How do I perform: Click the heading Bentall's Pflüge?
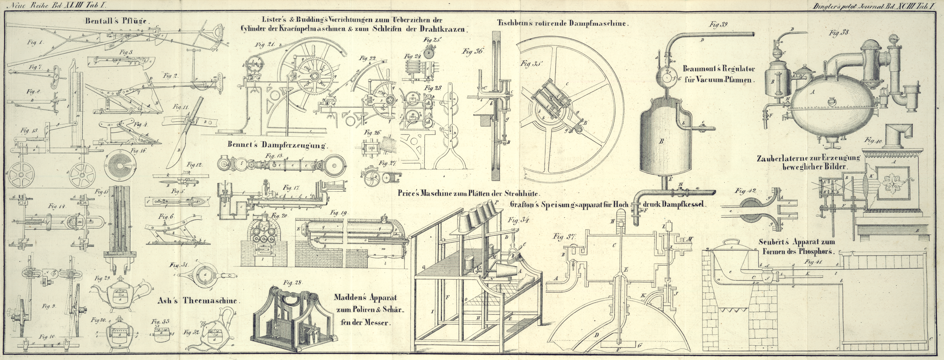[x=117, y=21]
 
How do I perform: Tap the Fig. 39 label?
[x=718, y=25]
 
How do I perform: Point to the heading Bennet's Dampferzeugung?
[x=277, y=145]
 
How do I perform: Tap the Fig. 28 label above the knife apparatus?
[x=292, y=282]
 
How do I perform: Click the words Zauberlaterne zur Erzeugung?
[x=808, y=158]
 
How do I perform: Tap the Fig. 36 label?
[x=472, y=51]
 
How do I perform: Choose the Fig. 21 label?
[x=265, y=45]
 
